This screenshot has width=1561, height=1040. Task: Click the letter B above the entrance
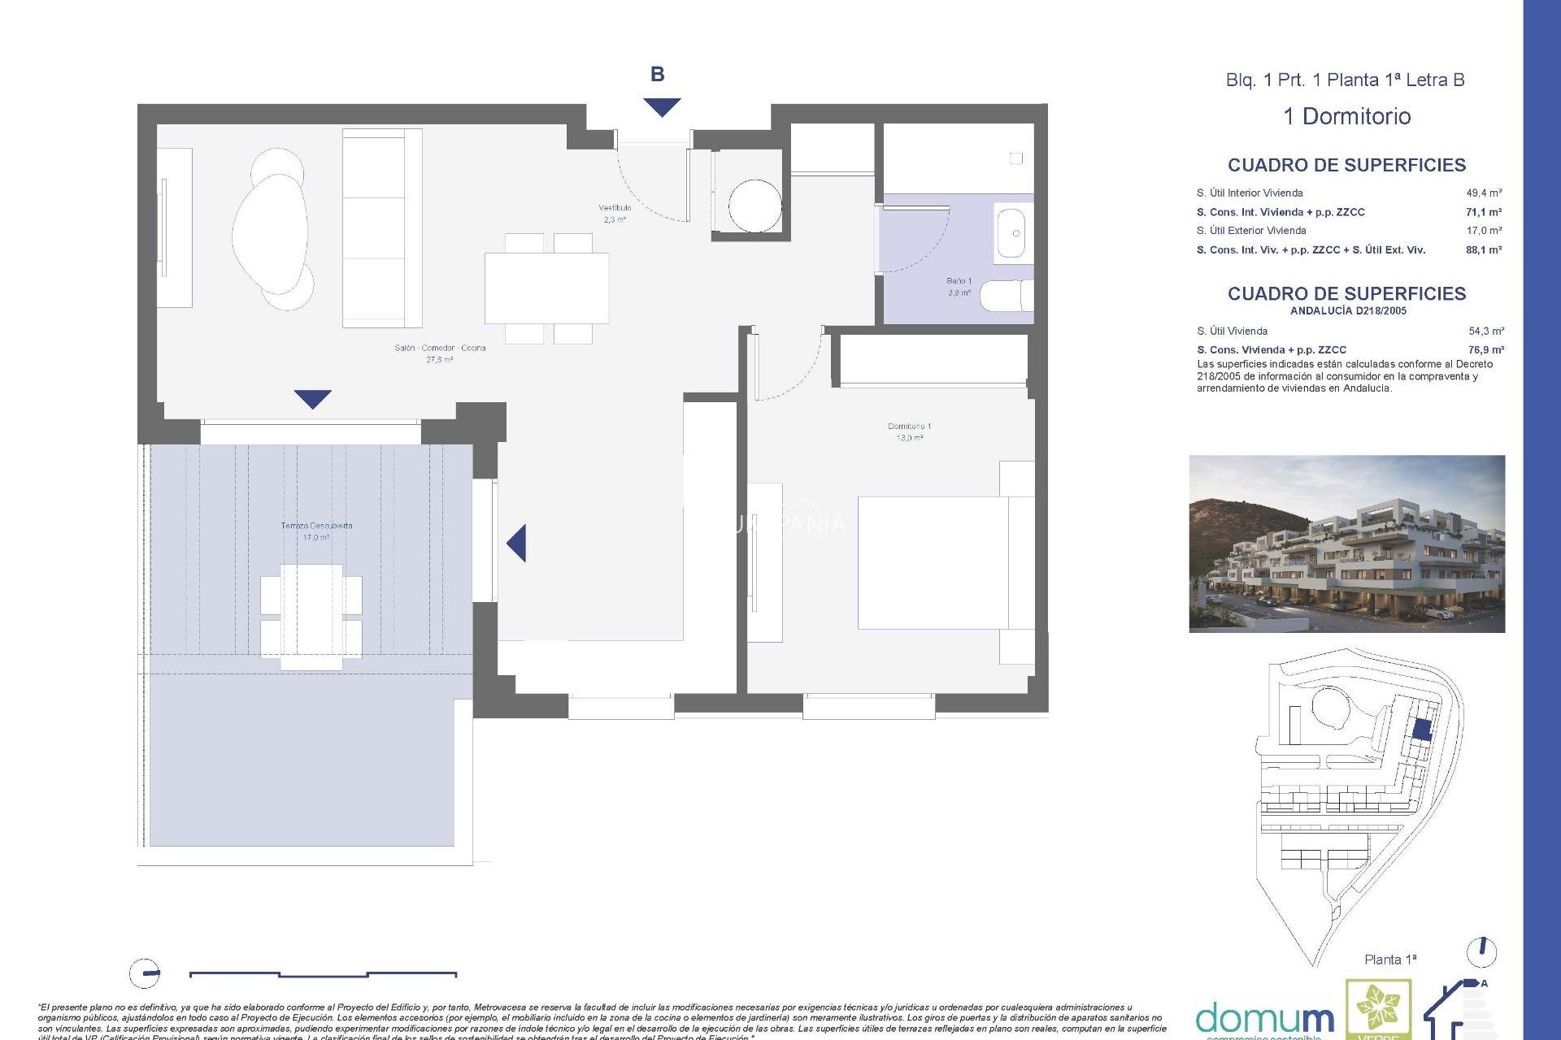click(657, 75)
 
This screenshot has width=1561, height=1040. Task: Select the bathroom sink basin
click(1012, 233)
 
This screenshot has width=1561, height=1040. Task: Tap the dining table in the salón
click(546, 288)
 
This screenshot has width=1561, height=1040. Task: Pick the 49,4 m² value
click(1484, 193)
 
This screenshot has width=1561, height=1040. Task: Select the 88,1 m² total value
click(1484, 250)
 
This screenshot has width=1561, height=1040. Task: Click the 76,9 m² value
click(1485, 350)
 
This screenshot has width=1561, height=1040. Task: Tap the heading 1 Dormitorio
click(1346, 116)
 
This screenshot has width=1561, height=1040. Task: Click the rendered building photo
click(1346, 544)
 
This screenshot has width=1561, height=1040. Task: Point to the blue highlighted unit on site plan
click(1421, 729)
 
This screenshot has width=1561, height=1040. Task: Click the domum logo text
click(1264, 1017)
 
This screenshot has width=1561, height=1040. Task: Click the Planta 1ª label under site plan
click(1390, 960)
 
